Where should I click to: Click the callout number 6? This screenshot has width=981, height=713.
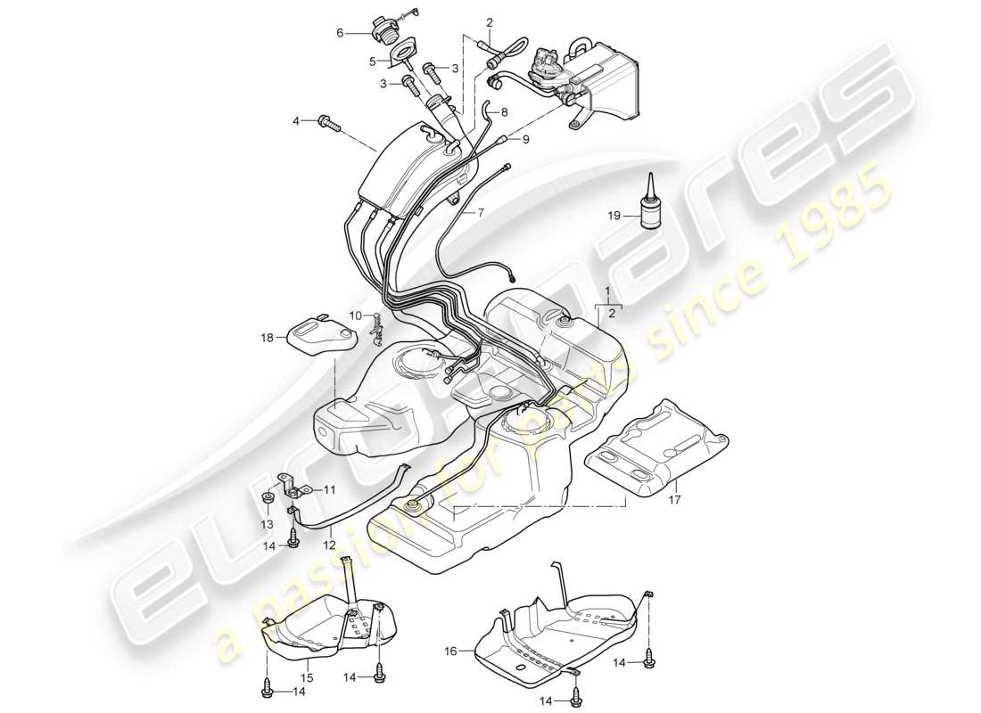pos(340,33)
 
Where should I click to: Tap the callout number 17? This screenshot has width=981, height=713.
pos(674,500)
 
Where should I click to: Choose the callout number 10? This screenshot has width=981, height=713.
pos(354,316)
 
